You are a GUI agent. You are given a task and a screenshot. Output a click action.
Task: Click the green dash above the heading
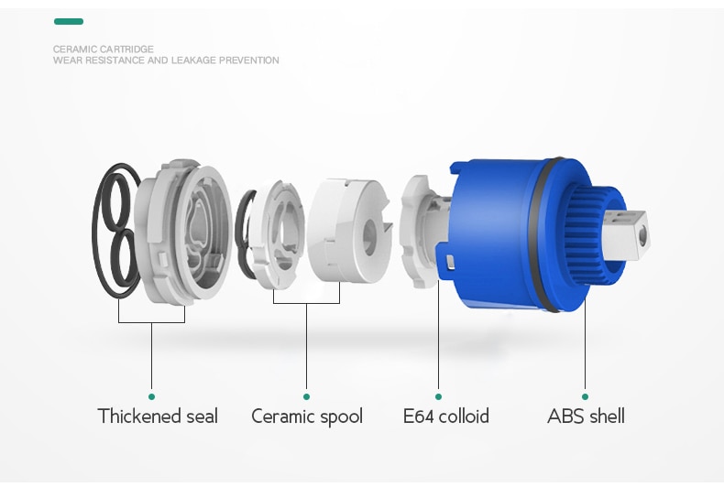click(69, 21)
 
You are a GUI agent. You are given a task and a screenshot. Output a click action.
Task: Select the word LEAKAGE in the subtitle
click(193, 60)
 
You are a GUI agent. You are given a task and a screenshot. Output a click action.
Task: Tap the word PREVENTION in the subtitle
click(249, 60)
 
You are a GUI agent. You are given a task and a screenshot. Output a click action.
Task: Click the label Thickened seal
click(158, 416)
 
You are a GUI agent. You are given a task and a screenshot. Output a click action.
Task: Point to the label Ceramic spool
click(307, 417)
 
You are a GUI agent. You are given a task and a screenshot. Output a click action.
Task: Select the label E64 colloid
click(446, 416)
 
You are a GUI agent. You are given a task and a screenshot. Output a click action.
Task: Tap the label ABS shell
click(586, 416)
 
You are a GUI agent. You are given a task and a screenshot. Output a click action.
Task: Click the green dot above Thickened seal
click(151, 396)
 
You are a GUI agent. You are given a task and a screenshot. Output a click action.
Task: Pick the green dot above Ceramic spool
click(307, 396)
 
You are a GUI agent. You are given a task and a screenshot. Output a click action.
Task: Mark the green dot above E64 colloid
click(438, 396)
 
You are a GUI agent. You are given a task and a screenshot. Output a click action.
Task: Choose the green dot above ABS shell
click(585, 396)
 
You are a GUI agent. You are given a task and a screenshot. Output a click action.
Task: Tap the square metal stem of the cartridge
click(626, 234)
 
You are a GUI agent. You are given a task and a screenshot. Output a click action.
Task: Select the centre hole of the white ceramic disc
click(369, 236)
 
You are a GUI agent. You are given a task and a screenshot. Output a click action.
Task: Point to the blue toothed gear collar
click(583, 235)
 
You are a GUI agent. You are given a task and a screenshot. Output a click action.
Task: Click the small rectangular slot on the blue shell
click(450, 262)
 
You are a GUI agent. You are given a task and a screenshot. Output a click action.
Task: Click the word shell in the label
click(605, 416)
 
